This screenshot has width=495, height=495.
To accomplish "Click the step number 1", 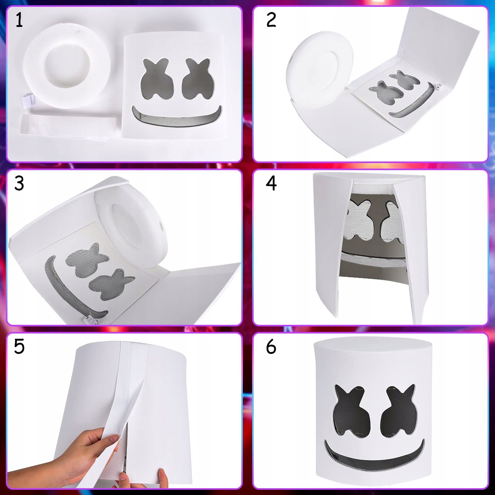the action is [x=19, y=20].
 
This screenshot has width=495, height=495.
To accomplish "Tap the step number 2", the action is [x=271, y=20].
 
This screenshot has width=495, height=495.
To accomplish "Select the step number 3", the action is [x=19, y=183].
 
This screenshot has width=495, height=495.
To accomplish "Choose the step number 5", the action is [x=19, y=346].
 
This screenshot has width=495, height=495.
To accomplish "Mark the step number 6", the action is [x=271, y=346].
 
